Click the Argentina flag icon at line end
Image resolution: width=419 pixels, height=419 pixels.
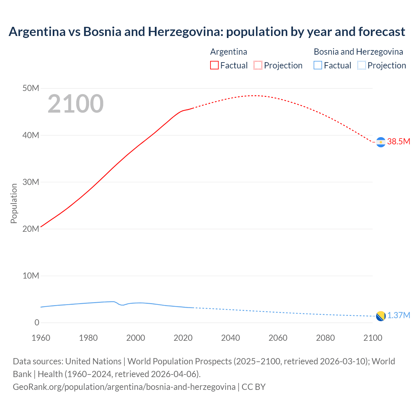tap(381, 142)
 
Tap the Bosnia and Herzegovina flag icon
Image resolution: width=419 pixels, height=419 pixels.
tap(381, 316)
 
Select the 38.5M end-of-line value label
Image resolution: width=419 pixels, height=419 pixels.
tap(398, 141)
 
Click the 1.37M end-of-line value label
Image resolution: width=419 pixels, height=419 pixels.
tap(398, 315)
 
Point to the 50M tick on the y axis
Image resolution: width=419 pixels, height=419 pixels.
tap(31, 88)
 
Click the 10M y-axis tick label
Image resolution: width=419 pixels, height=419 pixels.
tap(31, 276)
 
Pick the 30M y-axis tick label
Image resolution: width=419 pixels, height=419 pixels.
tap(31, 182)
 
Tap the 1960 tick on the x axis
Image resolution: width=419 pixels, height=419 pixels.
tap(41, 338)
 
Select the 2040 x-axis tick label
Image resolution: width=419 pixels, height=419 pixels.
tap(230, 338)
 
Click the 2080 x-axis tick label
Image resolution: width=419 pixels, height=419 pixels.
tap(325, 338)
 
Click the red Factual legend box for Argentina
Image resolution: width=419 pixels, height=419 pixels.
tap(214, 65)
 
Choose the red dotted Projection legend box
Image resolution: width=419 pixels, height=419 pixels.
tap(258, 65)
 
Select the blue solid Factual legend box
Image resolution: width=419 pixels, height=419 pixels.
tap(318, 65)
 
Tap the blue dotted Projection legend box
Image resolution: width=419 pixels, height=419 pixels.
tap(362, 65)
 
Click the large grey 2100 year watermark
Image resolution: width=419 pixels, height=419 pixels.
tap(76, 104)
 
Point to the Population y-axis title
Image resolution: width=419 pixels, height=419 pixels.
tap(14, 203)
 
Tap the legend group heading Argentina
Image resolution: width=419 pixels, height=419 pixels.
tap(228, 52)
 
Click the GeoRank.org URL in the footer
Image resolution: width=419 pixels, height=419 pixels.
tap(124, 387)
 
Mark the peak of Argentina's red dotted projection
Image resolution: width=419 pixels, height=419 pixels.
tap(254, 96)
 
